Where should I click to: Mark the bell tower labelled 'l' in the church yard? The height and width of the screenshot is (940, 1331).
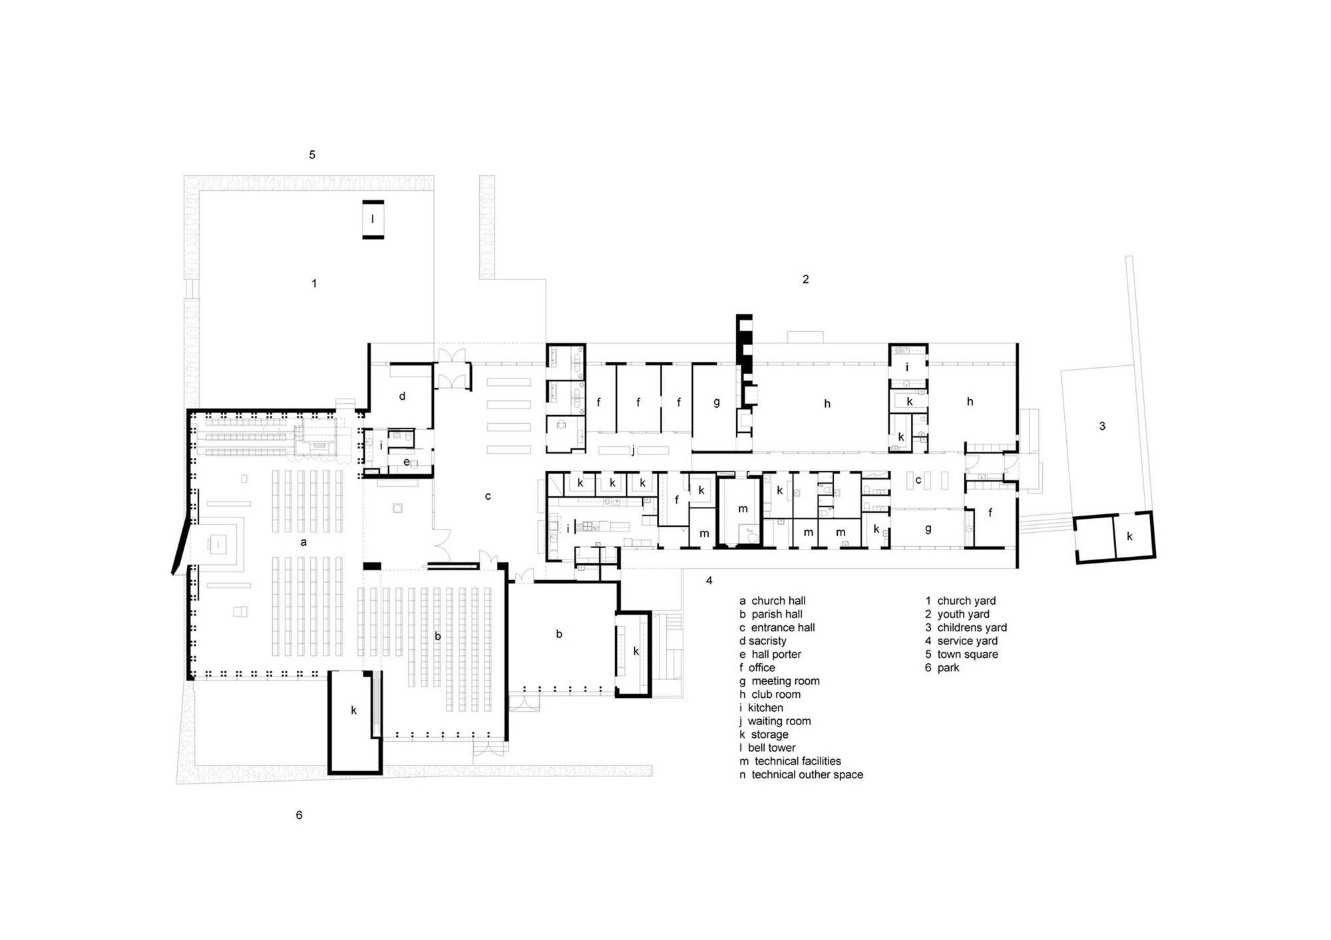(x=373, y=219)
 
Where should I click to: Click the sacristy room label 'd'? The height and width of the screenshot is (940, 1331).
(x=402, y=396)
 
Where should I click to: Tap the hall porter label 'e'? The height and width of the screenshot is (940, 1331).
(x=406, y=462)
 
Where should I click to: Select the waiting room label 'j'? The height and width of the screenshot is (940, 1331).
(x=633, y=450)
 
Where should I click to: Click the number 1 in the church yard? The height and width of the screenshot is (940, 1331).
(x=314, y=283)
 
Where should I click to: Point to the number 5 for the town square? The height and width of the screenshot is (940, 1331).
(x=311, y=155)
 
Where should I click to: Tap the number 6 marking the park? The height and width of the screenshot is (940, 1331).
(x=299, y=815)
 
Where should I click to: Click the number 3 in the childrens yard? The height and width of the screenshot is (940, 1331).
(x=1102, y=426)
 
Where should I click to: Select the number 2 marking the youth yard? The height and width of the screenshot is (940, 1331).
(x=805, y=279)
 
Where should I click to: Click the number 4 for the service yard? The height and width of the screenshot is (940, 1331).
(x=709, y=581)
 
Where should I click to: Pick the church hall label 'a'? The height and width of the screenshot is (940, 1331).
(x=303, y=542)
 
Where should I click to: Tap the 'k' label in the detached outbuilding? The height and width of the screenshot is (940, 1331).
(x=1129, y=536)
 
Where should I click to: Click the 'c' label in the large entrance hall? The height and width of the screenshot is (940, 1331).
(x=488, y=496)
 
